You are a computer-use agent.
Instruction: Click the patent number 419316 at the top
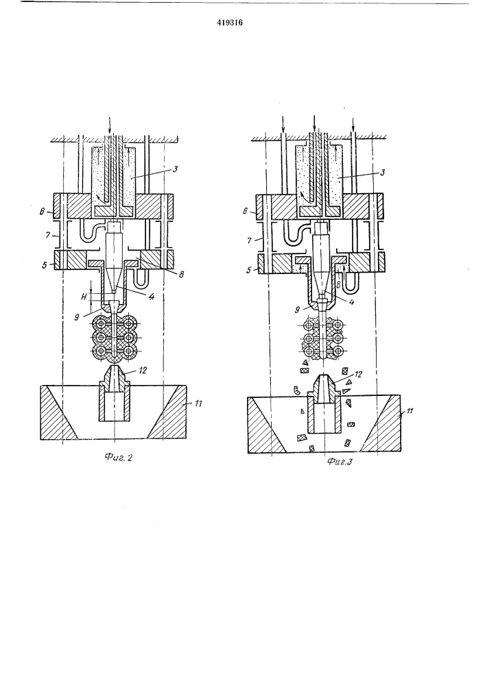pyautogui.click(x=229, y=23)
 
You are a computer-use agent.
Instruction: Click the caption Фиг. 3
pyautogui.click(x=339, y=461)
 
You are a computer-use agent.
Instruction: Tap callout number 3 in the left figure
pyautogui.click(x=174, y=169)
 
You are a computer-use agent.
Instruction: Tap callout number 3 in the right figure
pyautogui.click(x=383, y=172)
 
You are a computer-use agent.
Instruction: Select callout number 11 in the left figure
pyautogui.click(x=198, y=403)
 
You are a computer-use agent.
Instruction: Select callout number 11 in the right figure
pyautogui.click(x=410, y=411)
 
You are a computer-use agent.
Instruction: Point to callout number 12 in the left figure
pyautogui.click(x=143, y=371)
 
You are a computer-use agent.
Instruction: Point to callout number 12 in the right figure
pyautogui.click(x=358, y=375)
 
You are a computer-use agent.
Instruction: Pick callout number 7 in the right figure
pyautogui.click(x=249, y=240)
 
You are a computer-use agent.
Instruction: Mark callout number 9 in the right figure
pyautogui.click(x=298, y=310)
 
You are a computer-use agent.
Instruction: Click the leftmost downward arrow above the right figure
pyautogui.click(x=283, y=124)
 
